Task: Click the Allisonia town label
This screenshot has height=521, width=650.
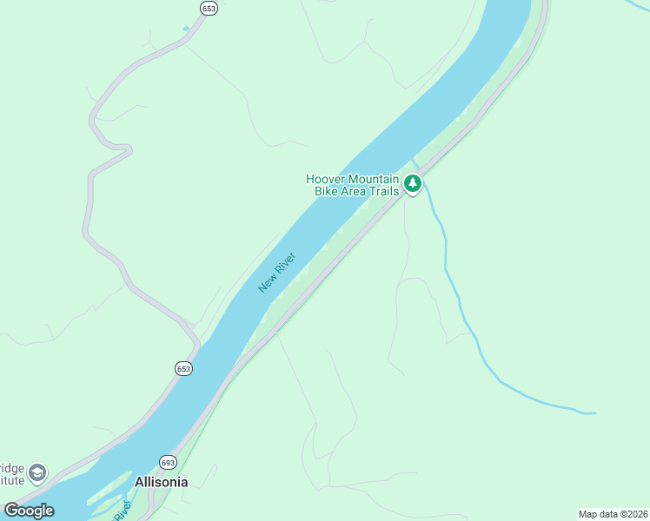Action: click(x=161, y=482)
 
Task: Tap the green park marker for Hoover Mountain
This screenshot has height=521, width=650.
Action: click(x=413, y=183)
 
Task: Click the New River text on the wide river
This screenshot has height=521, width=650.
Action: click(x=277, y=273)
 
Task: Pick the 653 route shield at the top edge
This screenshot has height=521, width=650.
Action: click(x=209, y=8)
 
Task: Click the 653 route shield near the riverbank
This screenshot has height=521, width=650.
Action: click(x=183, y=368)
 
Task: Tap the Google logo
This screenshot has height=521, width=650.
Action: click(x=29, y=511)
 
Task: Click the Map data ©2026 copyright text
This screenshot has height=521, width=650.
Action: click(x=613, y=514)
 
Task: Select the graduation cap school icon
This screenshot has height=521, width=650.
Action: click(x=37, y=473)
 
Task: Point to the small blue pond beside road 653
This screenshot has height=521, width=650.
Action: click(x=186, y=29)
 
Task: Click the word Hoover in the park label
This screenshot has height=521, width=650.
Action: click(x=326, y=179)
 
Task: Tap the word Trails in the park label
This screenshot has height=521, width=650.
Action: click(x=383, y=191)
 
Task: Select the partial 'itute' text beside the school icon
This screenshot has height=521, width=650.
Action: click(x=10, y=479)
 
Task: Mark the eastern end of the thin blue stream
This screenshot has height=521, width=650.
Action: click(x=594, y=412)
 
